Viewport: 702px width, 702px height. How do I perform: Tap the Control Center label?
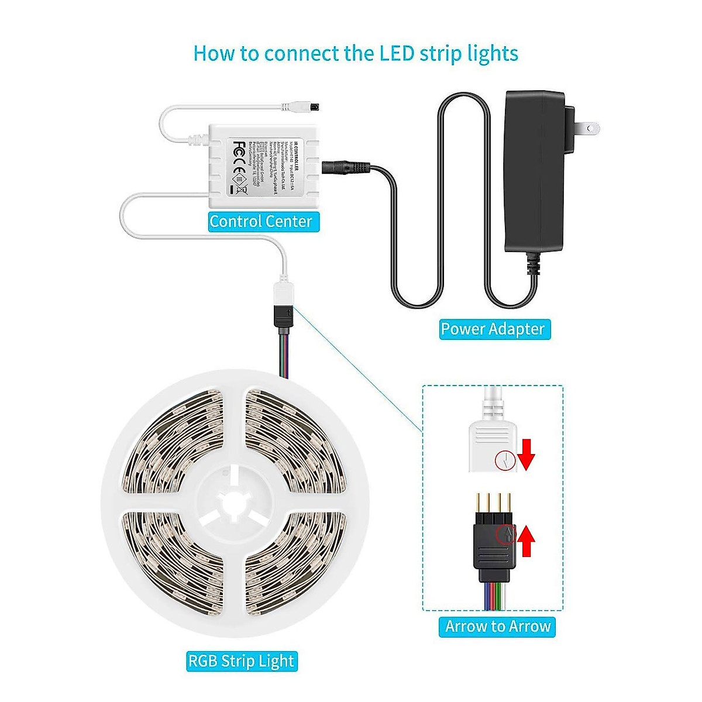coord(261,222)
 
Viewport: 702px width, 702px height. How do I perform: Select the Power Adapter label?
coord(493,329)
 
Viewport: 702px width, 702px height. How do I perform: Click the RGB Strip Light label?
coord(241,662)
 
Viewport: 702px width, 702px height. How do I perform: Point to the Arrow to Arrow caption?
coord(498,627)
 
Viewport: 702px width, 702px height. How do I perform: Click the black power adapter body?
coord(534,170)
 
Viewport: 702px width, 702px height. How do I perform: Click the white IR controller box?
coord(263,166)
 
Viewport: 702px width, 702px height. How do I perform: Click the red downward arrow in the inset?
coord(527,455)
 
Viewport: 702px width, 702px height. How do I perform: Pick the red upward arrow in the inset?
coord(527,540)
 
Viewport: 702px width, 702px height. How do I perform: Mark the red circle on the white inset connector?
coord(504,460)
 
